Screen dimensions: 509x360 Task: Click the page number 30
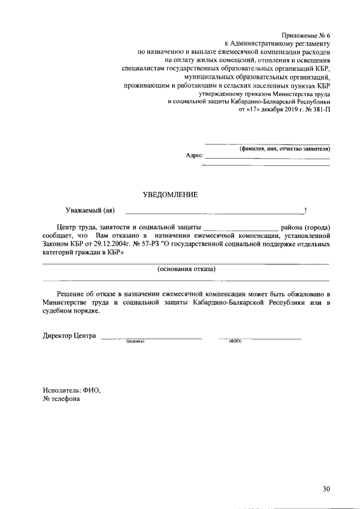coord(326,489)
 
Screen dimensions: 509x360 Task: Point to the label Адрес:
coord(194,155)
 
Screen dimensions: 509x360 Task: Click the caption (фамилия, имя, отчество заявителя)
coord(285,148)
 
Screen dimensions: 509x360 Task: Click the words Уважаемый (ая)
coord(90,211)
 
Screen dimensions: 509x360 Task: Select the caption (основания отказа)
coord(186,269)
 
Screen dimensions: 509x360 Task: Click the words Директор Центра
coord(69,336)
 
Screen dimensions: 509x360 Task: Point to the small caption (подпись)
coord(136,341)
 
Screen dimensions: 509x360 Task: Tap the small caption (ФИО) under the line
coord(235,341)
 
